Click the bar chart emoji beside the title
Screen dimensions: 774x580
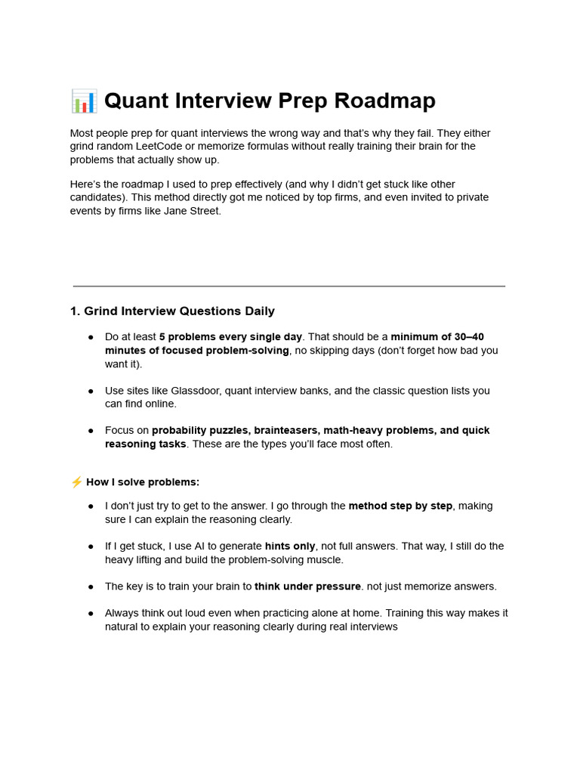[84, 101]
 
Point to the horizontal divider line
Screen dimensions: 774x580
[288, 286]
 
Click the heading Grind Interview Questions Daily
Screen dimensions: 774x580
[179, 311]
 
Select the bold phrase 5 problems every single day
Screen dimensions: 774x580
[230, 336]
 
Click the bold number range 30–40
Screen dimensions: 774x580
[467, 336]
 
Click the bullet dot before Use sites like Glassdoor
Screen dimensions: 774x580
[91, 391]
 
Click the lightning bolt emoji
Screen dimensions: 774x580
[76, 482]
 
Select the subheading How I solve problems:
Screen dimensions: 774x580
[143, 482]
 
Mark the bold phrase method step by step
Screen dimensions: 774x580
[400, 506]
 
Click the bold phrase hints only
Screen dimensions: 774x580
[290, 546]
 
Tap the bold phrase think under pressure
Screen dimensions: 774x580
[307, 587]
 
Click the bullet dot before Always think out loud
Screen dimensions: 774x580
[91, 613]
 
